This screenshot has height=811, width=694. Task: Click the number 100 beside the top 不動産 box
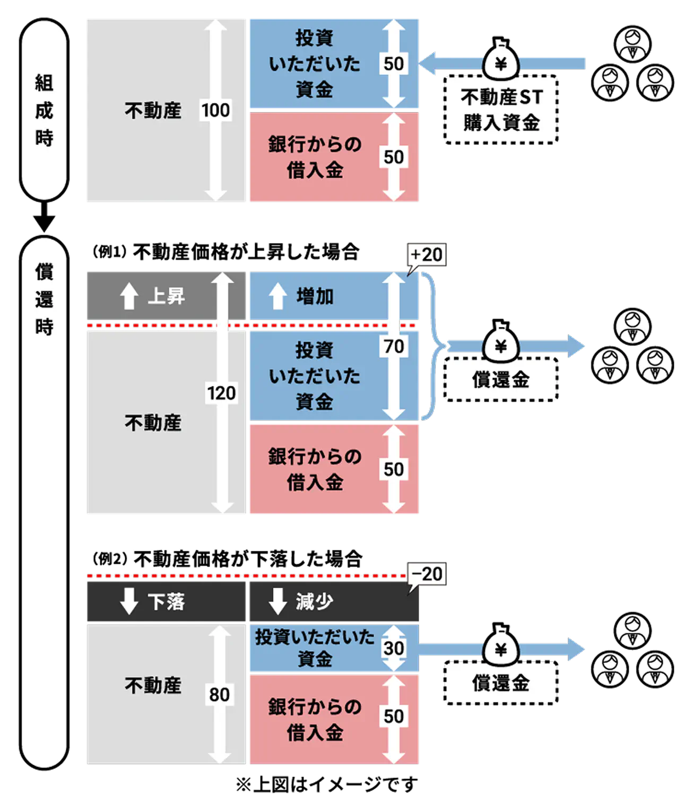[x=215, y=110]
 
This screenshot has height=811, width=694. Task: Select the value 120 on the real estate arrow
[x=221, y=393]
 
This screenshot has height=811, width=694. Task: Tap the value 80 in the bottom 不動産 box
[x=219, y=694]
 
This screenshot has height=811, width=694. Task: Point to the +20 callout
[x=427, y=255]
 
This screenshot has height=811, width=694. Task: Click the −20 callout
[x=427, y=574]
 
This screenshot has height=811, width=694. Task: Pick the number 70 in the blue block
[x=394, y=347]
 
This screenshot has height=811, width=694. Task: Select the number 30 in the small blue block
[x=394, y=648]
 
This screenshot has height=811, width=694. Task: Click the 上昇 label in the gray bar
[x=166, y=296]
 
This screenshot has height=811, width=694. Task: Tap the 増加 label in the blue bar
[x=315, y=296]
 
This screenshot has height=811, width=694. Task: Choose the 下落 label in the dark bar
[x=166, y=602]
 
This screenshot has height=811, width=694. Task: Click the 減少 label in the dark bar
[x=315, y=602]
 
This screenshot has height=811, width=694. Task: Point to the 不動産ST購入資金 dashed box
[x=500, y=110]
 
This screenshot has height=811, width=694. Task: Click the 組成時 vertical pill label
[x=44, y=110]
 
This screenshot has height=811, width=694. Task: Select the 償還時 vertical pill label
[x=44, y=300]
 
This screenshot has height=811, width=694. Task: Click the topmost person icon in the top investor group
[x=632, y=44]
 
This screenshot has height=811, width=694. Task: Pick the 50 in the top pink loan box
[x=394, y=157]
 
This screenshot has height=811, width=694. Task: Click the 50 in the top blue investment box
[x=394, y=64]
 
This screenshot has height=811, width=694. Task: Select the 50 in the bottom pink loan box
[x=394, y=717]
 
